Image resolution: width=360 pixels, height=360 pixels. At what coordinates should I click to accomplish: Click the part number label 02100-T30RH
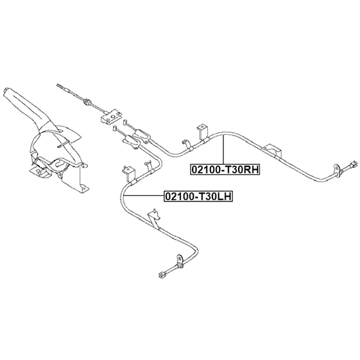pos(225,170)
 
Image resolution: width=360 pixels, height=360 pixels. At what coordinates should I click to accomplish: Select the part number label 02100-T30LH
pos(198,196)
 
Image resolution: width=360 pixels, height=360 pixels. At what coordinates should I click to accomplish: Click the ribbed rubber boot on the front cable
pos(87,101)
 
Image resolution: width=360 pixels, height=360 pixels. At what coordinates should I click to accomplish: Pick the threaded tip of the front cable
pos(60,86)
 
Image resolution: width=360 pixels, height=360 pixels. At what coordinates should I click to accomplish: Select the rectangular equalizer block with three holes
pos(111,117)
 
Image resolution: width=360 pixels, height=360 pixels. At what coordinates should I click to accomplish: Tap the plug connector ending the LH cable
pos(163,275)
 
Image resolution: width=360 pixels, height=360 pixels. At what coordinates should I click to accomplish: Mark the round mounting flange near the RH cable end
pos(337,170)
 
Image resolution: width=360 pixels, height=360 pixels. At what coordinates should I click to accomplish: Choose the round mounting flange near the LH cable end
pos(179,260)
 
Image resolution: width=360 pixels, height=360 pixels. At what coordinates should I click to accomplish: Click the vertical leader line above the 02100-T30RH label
pos(223,149)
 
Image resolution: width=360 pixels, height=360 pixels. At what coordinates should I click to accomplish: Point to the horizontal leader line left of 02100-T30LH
pos(144,196)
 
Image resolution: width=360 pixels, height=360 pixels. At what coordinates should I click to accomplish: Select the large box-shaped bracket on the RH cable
pos(272,151)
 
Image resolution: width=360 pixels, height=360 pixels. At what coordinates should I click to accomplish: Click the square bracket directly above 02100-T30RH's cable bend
pos(202,131)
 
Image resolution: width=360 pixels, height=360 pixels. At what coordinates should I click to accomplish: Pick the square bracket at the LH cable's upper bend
pos(128,173)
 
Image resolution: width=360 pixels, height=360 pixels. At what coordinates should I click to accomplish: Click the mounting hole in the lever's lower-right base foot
pos(85,188)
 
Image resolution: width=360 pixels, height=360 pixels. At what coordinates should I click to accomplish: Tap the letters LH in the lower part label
pos(224,196)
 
